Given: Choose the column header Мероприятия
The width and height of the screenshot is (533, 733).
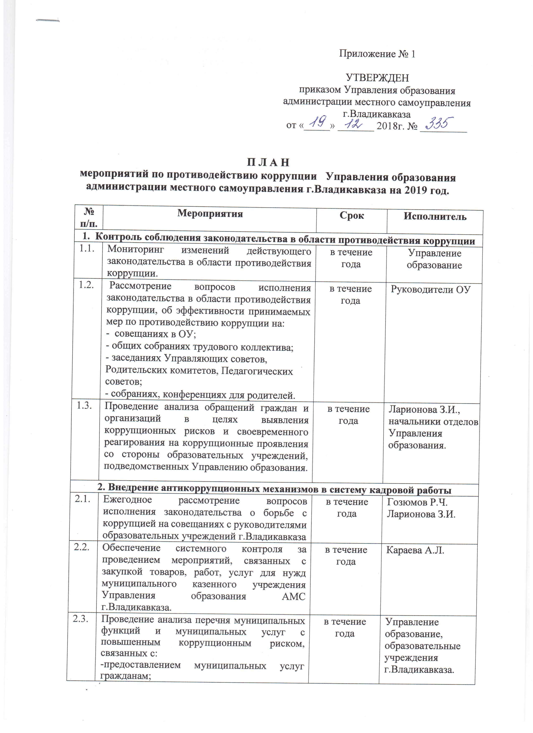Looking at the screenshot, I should coord(210,214).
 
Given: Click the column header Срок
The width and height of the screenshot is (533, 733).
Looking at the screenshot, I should coord(352,216).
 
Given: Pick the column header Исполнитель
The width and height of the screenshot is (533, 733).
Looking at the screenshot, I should coord(435,217).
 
